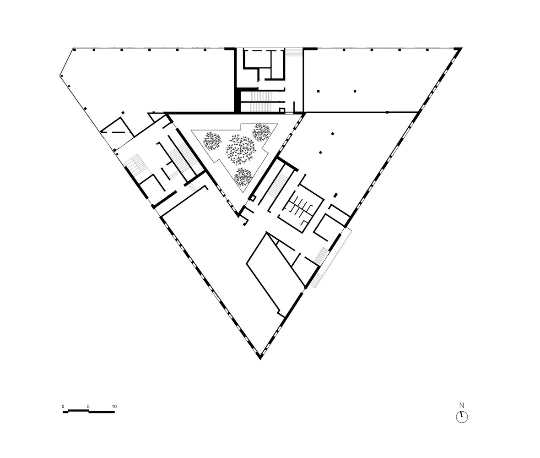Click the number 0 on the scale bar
63,407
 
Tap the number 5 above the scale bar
88,407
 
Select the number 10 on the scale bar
114,407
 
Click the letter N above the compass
462,405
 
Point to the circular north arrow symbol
462,417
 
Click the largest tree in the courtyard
240,149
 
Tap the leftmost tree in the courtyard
212,141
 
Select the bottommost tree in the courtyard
243,177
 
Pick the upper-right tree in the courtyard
262,131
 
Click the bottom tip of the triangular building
260,358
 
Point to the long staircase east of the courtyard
276,187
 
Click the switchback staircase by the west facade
134,165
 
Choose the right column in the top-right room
355,91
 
